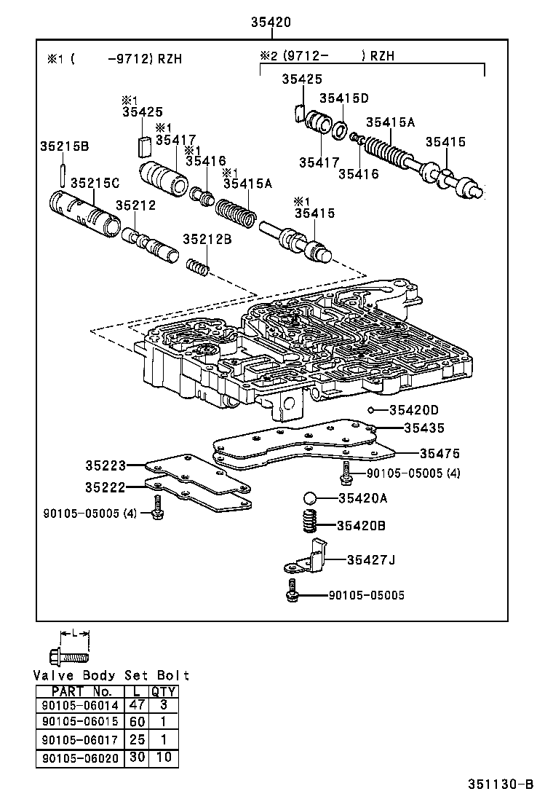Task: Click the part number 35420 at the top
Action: coord(271,23)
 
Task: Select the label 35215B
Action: coord(64,146)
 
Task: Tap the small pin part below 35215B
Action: coord(64,175)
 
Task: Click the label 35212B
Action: coord(207,239)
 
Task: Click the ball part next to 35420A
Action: coord(311,498)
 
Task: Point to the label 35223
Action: coord(106,465)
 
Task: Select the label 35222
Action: coord(106,487)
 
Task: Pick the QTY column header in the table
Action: coord(163,691)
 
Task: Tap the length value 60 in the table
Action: coord(137,722)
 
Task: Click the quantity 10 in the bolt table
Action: coord(163,758)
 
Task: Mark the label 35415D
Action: coord(344,98)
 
